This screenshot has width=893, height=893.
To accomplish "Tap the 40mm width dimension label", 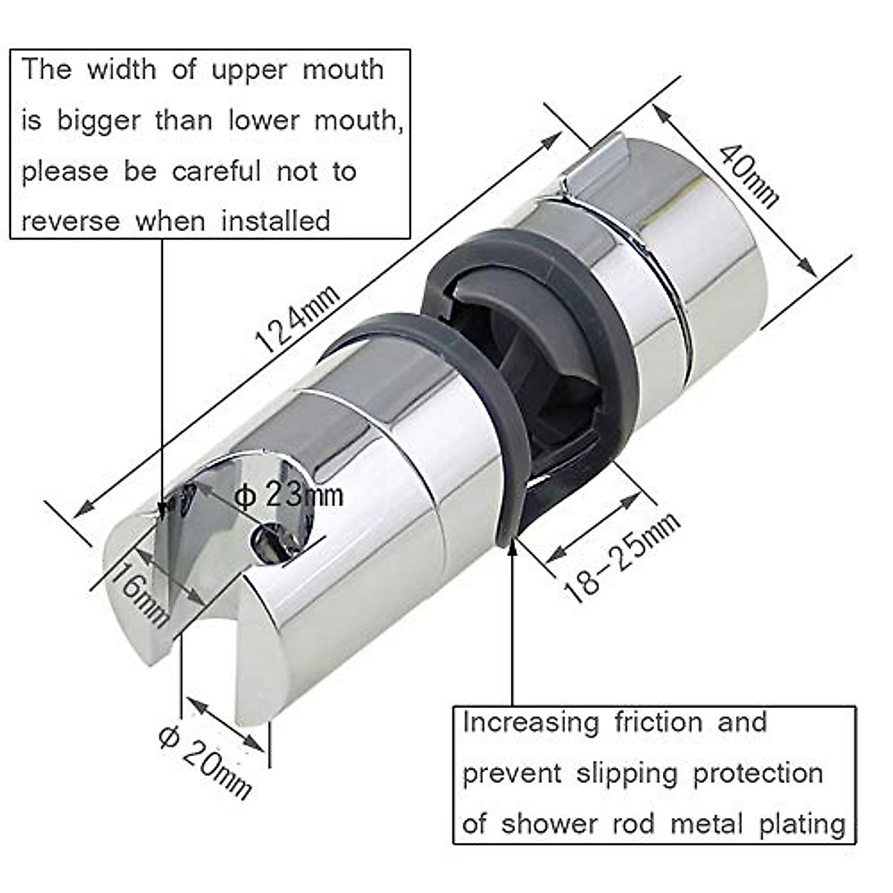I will (749, 176).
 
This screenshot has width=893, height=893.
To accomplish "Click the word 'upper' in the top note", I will (249, 70).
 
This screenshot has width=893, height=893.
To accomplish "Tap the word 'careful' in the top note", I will (217, 171).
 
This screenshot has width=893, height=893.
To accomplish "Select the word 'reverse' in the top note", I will (70, 221).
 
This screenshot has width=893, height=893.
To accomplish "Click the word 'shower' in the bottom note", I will (548, 825).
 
